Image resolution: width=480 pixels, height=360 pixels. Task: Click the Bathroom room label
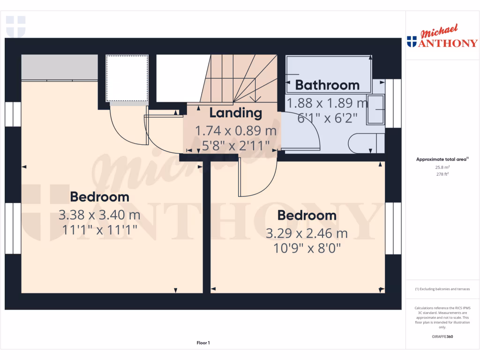pos(327,85)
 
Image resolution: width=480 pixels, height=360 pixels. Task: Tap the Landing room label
pos(235,113)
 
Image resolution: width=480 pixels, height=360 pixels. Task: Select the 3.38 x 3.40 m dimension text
pos(99,215)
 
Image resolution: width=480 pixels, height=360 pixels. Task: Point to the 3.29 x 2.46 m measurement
pos(307,233)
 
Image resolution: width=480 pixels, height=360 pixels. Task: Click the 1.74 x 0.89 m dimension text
pos(235,130)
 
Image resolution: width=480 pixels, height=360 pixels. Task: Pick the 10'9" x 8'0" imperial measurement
pos(307,248)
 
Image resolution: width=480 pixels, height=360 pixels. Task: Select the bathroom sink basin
pos(375,110)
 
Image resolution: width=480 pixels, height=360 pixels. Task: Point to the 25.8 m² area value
pos(442,167)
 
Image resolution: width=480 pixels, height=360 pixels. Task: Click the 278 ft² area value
pos(442,174)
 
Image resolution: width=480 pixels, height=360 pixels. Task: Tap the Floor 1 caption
pos(203,343)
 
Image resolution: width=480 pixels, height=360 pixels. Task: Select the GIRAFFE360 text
pos(442,337)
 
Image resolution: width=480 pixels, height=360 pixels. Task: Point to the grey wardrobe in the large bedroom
pos(60,67)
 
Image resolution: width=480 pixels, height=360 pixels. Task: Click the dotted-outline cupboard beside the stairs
pos(127,78)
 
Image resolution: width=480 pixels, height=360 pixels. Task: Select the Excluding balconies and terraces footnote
pos(442,289)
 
